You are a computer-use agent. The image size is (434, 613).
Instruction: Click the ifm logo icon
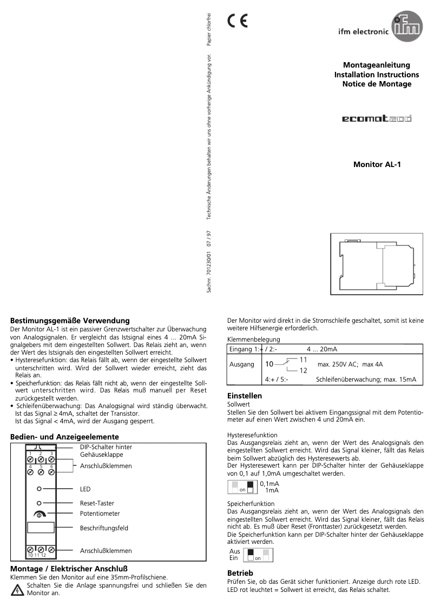[x=406, y=28]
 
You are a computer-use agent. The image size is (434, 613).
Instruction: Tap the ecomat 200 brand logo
[x=377, y=118]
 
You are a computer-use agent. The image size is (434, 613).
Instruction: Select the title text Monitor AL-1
[x=377, y=164]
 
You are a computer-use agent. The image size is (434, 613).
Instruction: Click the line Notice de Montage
[x=377, y=84]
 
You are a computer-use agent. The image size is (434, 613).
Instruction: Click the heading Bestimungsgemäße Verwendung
[x=70, y=321]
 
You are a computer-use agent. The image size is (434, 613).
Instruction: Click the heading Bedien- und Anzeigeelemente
[x=64, y=436]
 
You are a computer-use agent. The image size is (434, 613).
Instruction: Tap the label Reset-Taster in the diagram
[x=97, y=503]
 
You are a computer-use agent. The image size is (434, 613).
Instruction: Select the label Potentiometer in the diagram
[x=100, y=514]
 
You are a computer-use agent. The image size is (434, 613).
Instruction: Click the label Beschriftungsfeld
[x=104, y=528]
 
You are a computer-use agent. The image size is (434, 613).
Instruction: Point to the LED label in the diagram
[x=85, y=489]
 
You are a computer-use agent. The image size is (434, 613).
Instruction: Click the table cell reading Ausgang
[x=242, y=364]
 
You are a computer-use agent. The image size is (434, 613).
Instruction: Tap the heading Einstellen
[x=245, y=396]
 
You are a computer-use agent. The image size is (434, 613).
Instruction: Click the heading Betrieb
[x=240, y=572]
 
